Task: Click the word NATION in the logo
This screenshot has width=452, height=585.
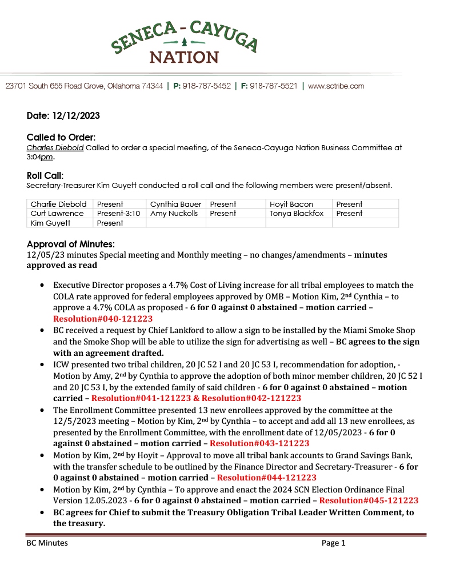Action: [x=184, y=57]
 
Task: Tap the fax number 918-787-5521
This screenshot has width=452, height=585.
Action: [x=274, y=86]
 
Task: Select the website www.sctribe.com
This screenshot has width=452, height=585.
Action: [x=336, y=86]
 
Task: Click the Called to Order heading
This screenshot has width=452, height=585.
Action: [x=61, y=138]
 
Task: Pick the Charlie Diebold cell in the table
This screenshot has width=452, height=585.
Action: [x=59, y=204]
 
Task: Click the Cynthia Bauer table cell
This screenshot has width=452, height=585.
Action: [x=175, y=204]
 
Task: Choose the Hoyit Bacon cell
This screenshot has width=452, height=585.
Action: [x=291, y=204]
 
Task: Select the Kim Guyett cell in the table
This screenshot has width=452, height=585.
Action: [x=50, y=223]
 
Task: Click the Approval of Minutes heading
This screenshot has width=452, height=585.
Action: [x=71, y=244]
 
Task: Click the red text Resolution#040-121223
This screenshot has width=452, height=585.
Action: [x=103, y=319]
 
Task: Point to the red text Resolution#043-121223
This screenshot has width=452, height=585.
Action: [x=259, y=443]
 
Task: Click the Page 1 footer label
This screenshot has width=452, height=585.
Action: [x=334, y=543]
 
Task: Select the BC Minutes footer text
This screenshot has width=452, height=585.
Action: [x=47, y=543]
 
